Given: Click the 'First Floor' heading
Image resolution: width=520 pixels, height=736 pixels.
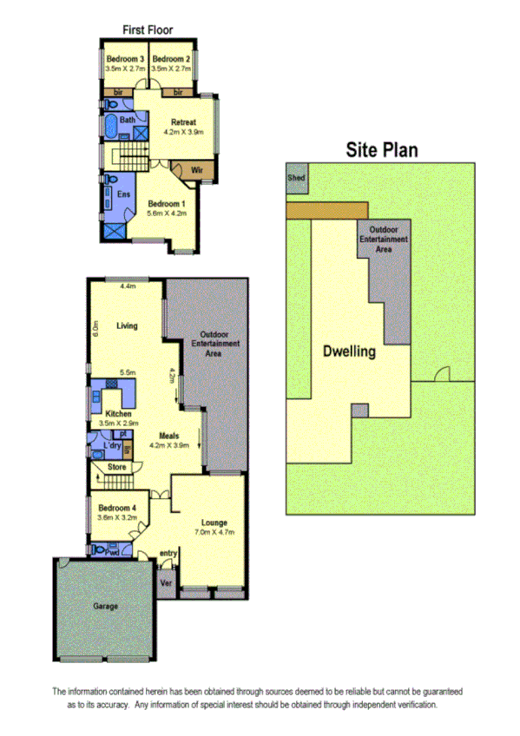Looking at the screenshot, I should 147,30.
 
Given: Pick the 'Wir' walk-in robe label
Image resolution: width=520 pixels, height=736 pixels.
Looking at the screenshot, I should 196,169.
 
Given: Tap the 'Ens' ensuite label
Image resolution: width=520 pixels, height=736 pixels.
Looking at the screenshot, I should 123,194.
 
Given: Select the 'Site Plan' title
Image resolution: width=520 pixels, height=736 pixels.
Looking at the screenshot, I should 382,149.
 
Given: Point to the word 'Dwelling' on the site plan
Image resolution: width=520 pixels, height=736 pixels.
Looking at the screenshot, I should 348,352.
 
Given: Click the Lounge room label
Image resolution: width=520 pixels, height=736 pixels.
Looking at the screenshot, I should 214,522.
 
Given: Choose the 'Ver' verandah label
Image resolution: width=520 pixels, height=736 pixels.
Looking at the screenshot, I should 166,584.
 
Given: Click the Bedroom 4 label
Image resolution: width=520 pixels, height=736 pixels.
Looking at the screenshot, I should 116,508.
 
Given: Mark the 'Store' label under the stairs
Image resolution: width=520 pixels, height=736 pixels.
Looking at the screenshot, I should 116,469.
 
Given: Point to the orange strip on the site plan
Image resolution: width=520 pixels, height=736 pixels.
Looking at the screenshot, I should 326,211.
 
